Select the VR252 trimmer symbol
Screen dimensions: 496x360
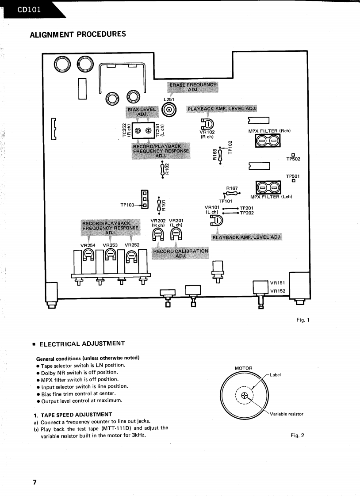[131, 256]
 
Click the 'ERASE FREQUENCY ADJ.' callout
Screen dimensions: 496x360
[193, 87]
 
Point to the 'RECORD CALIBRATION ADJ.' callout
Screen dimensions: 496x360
[180, 253]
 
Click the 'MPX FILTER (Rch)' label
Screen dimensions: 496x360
[269, 130]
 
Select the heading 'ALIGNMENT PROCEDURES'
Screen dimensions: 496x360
[77, 34]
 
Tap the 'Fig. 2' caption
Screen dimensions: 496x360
[297, 435]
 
